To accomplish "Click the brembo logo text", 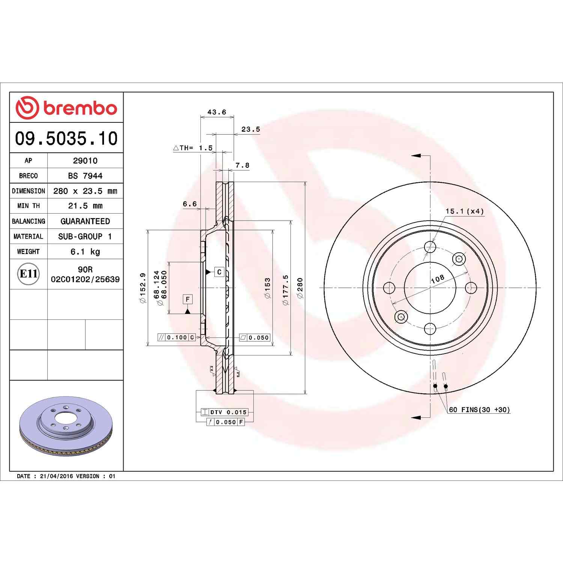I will coord(80,108).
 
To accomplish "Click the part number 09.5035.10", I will coord(66,138).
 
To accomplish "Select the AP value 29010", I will coord(85,161).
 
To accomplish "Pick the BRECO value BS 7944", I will coord(85,176).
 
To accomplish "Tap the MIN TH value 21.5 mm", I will coord(85,206).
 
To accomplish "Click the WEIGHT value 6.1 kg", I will coord(85,251).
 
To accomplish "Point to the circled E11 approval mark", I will coord(28,274).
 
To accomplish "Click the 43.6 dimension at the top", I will coord(217,112).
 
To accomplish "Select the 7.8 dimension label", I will coord(242,165).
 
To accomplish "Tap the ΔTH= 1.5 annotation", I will coord(193,148).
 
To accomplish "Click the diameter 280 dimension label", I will coord(300,288).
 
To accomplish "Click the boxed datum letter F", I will coord(188,299).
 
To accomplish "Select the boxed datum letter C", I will coord(220,272).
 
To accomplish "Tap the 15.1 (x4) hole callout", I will coord(465,211).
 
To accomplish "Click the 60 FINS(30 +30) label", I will coord(479,410).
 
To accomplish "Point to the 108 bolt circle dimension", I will coord(438,278).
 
